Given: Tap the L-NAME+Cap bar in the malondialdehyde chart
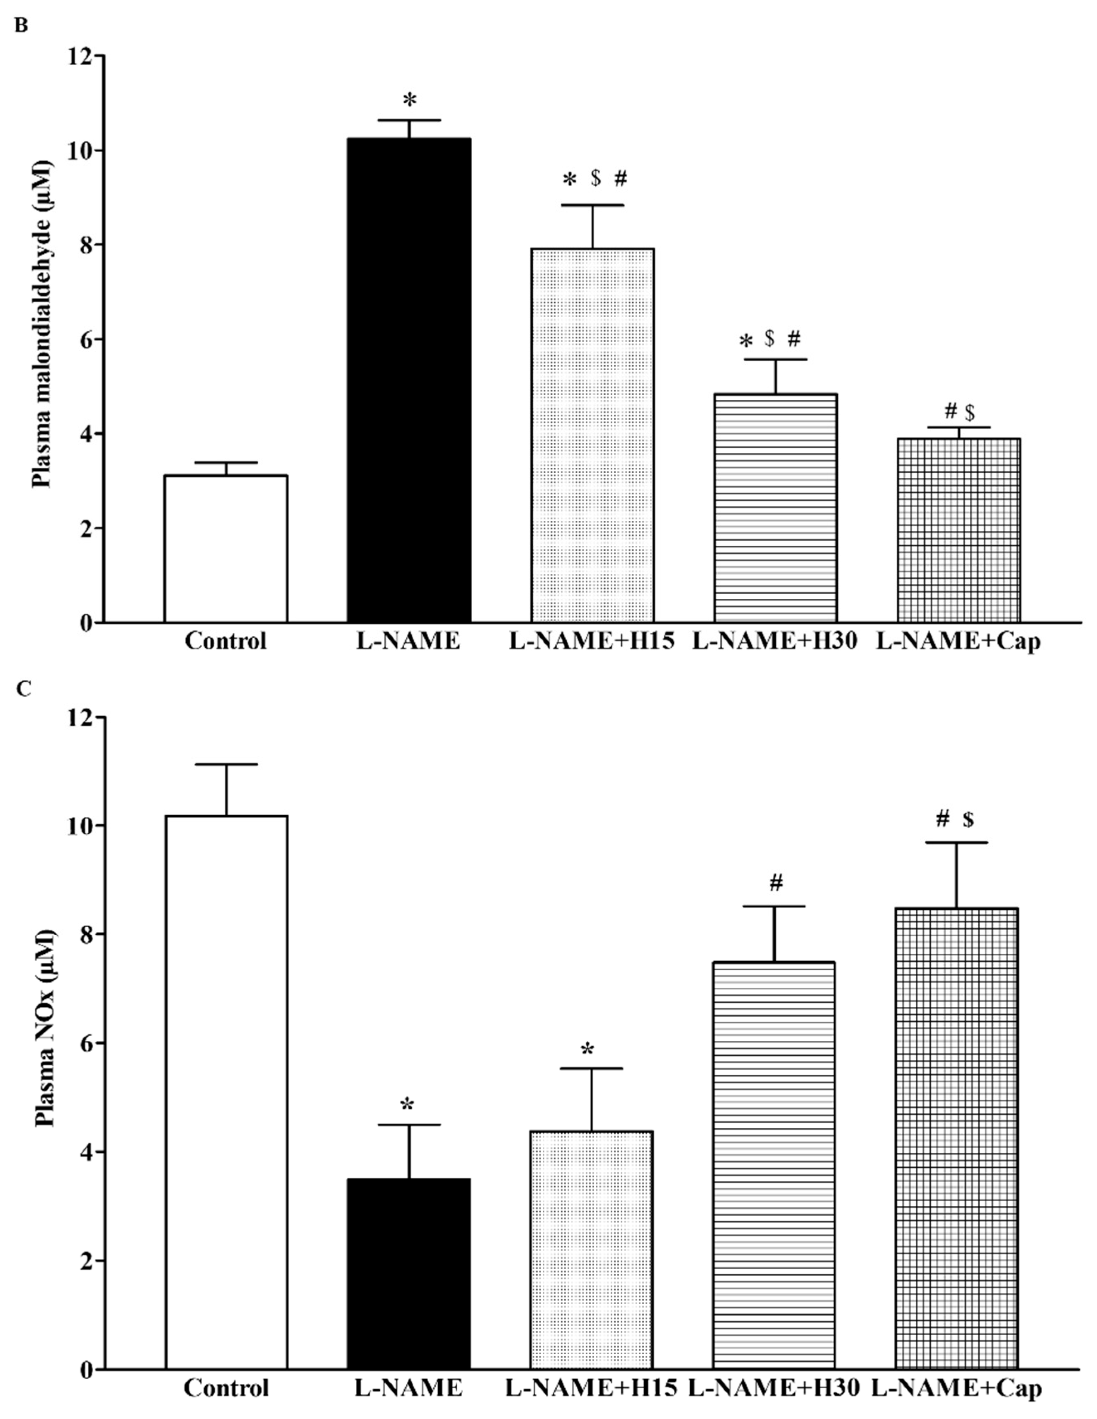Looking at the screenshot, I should click(959, 530).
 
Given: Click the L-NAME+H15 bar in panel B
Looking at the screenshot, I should click(592, 435).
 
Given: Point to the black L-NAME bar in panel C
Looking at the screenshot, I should click(408, 1273).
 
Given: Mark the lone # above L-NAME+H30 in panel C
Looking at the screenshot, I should click(776, 882).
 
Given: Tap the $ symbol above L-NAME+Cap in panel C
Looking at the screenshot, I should click(968, 819).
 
